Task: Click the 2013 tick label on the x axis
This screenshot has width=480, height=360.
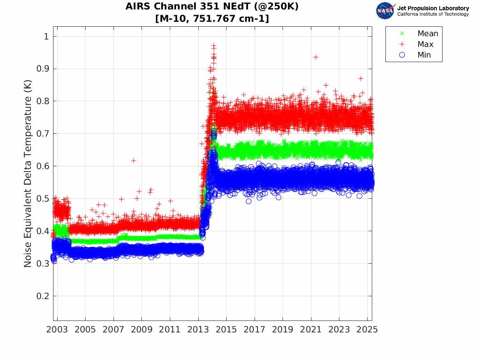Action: click(x=198, y=330)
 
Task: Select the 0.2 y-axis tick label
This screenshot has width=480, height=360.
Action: click(x=43, y=296)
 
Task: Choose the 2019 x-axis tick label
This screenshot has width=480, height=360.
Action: click(x=283, y=330)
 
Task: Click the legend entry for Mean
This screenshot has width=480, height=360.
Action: click(x=428, y=34)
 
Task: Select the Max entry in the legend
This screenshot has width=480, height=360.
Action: click(x=425, y=44)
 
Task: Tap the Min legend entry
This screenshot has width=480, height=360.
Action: click(x=424, y=55)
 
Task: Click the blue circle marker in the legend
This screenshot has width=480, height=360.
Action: click(x=402, y=55)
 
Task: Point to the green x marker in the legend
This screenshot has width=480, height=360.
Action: click(x=402, y=34)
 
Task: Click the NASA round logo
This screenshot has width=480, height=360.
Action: click(x=385, y=11)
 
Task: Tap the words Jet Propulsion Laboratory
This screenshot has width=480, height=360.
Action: click(x=433, y=8)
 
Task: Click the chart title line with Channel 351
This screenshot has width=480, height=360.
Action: click(x=212, y=6)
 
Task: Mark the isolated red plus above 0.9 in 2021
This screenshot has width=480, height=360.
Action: click(x=315, y=57)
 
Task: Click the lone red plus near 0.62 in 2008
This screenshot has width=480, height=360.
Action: click(x=133, y=160)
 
